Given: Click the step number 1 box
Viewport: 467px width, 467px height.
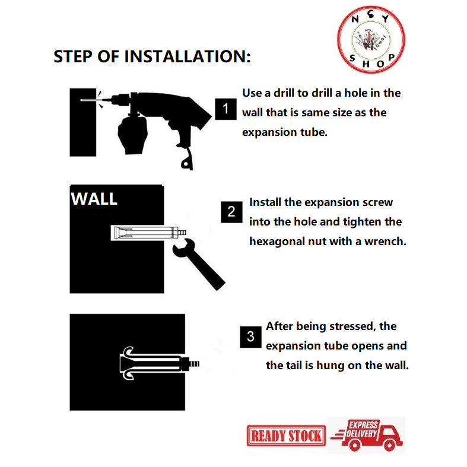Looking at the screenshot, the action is click(x=225, y=109).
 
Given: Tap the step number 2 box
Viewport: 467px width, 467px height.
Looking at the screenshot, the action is click(x=231, y=212).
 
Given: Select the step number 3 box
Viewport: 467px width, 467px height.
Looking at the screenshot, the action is click(x=251, y=337).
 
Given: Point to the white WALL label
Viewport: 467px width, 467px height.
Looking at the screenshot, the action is click(x=94, y=199).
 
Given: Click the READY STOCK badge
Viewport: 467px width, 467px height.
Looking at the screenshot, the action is click(x=286, y=436).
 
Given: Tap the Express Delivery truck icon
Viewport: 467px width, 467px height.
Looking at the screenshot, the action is click(x=367, y=435).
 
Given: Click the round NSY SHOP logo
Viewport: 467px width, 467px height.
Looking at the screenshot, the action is click(x=371, y=40).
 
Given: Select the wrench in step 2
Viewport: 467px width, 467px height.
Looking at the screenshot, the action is click(x=198, y=263).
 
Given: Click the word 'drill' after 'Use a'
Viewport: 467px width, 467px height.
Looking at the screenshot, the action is click(x=284, y=93).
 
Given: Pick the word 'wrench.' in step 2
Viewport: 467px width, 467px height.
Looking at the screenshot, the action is click(x=385, y=242).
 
